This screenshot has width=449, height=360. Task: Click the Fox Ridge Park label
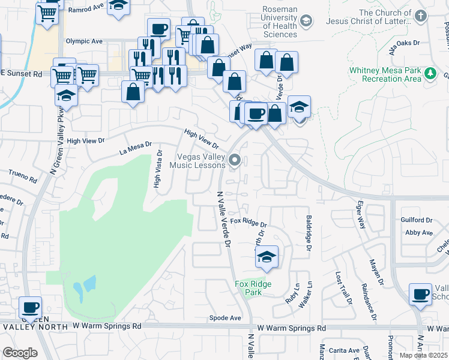click(x=253, y=288)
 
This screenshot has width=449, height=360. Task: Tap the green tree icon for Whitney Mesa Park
click(x=430, y=74)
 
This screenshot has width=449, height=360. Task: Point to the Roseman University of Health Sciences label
click(x=280, y=22)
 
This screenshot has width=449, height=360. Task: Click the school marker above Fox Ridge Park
click(x=267, y=257)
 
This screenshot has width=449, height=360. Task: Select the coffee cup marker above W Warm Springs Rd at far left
click(x=30, y=308)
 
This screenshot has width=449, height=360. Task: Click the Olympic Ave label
click(x=85, y=41)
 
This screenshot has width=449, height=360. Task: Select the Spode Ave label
click(x=225, y=317)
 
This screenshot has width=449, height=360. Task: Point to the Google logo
click(x=20, y=352)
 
